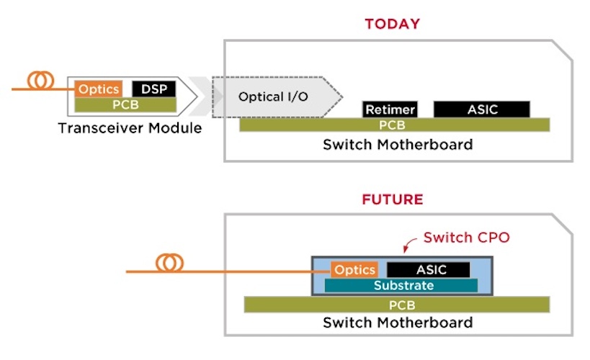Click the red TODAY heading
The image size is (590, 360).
coord(393,24)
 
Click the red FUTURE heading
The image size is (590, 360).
coord(393,199)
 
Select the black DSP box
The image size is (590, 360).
coord(154,89)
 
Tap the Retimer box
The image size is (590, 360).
coord(390,109)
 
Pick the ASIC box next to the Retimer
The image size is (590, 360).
coord(482,109)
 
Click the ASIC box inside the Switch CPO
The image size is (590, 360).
coord(429,270)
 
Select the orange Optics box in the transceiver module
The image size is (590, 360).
coord(99,89)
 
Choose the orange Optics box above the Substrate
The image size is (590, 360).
coord(354,270)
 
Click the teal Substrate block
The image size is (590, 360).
coord(401,286)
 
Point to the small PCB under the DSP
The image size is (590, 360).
coord(125,105)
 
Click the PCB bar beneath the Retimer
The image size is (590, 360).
coord(395,125)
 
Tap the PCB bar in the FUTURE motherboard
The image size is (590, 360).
coord(397,305)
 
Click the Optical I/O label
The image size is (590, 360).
coord(273,97)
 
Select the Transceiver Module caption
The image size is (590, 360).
coord(130,128)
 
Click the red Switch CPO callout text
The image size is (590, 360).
coord(467,238)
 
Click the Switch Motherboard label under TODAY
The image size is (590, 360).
coord(398,145)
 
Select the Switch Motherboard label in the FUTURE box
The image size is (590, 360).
coord(398,323)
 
